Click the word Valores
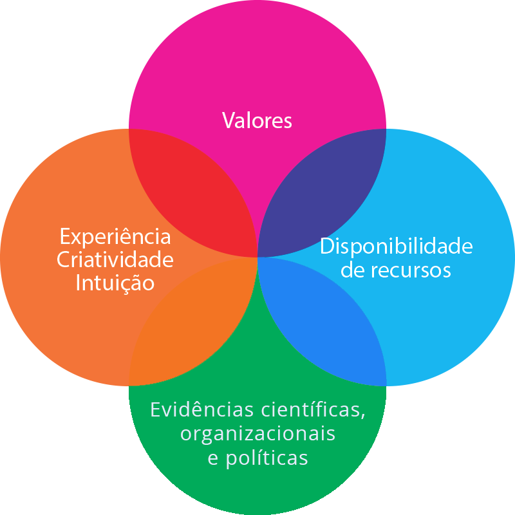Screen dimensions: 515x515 click(257, 120)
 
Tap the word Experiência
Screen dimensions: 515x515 click(115, 236)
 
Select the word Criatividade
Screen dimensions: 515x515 click(115, 260)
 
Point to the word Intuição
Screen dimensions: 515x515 click(115, 283)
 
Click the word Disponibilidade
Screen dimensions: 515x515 click(396, 246)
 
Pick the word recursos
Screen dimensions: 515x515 click(411, 270)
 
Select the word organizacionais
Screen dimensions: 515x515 click(257, 433)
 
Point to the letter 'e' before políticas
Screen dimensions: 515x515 click(212, 458)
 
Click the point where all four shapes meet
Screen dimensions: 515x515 click(257, 257)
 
